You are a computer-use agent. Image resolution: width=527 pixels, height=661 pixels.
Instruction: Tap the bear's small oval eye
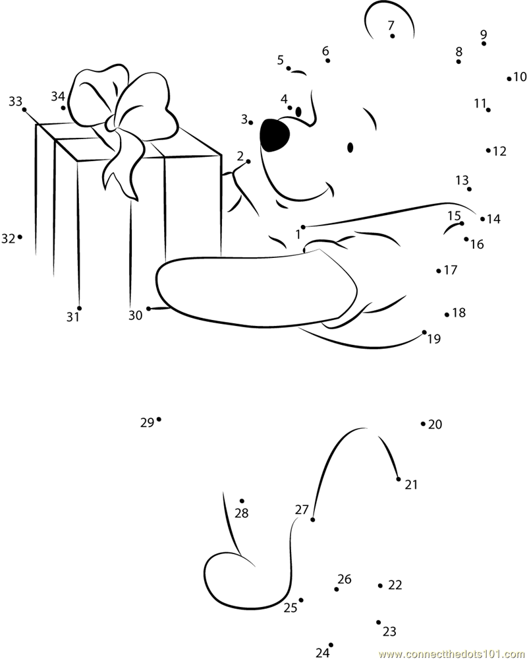[350, 147]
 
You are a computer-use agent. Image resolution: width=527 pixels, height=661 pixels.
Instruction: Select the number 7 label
[391, 25]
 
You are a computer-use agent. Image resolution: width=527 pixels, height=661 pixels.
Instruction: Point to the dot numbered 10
[509, 79]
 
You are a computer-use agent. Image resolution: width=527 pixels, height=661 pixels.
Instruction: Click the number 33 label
[15, 101]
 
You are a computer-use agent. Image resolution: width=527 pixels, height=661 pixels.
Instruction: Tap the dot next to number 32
[20, 237]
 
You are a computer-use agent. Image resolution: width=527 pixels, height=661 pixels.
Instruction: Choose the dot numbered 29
[159, 420]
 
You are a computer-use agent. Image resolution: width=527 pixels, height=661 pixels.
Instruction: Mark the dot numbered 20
[423, 424]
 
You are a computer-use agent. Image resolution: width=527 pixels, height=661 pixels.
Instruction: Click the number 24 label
[321, 653]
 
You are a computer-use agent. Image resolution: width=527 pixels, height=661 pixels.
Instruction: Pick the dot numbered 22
[381, 585]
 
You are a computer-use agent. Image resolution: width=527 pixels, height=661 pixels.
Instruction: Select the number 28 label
[242, 513]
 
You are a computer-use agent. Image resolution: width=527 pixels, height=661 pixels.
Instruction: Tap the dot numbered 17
[439, 270]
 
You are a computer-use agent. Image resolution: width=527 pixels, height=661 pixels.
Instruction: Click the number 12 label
[500, 152]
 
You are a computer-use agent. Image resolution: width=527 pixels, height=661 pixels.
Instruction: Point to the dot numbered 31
[79, 308]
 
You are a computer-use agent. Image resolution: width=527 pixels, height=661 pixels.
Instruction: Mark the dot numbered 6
[328, 61]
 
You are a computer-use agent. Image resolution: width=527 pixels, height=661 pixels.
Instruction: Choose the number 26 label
[345, 579]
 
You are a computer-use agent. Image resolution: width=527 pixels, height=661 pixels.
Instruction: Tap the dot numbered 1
[304, 227]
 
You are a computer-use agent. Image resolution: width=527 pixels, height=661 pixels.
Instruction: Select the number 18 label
[459, 313]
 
